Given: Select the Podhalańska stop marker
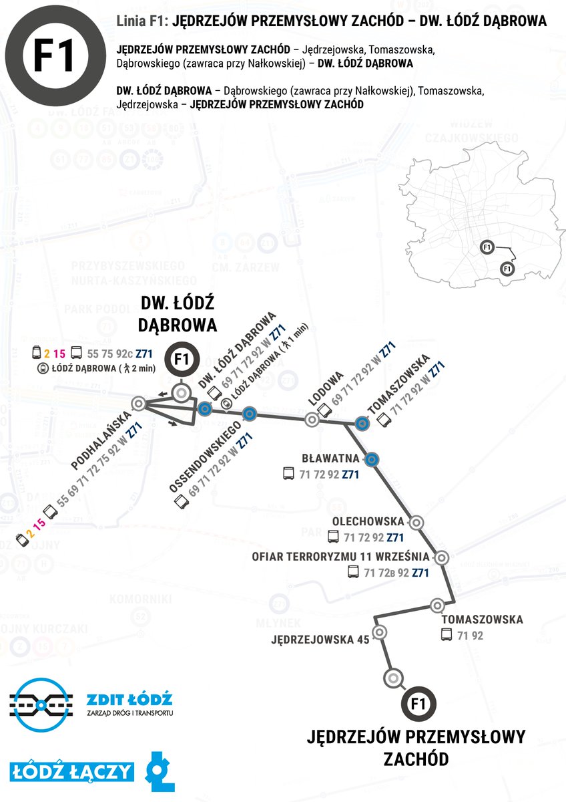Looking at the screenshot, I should pyautogui.click(x=139, y=403).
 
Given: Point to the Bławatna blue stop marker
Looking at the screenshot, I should pyautogui.click(x=372, y=458).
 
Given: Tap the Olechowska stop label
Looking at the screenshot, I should pyautogui.click(x=368, y=521).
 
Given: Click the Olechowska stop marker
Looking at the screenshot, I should pyautogui.click(x=416, y=523).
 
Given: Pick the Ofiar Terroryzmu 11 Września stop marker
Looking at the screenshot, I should pyautogui.click(x=441, y=556).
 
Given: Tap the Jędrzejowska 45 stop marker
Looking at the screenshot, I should pyautogui.click(x=379, y=632).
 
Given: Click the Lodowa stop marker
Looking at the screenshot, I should pyautogui.click(x=311, y=420).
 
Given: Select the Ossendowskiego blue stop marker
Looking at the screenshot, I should pyautogui.click(x=249, y=413).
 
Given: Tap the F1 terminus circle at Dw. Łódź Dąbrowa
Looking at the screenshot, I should pyautogui.click(x=181, y=360).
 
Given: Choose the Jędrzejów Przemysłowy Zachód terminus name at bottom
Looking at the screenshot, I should pyautogui.click(x=416, y=747).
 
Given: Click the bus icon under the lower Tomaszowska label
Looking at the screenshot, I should pyautogui.click(x=447, y=636).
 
